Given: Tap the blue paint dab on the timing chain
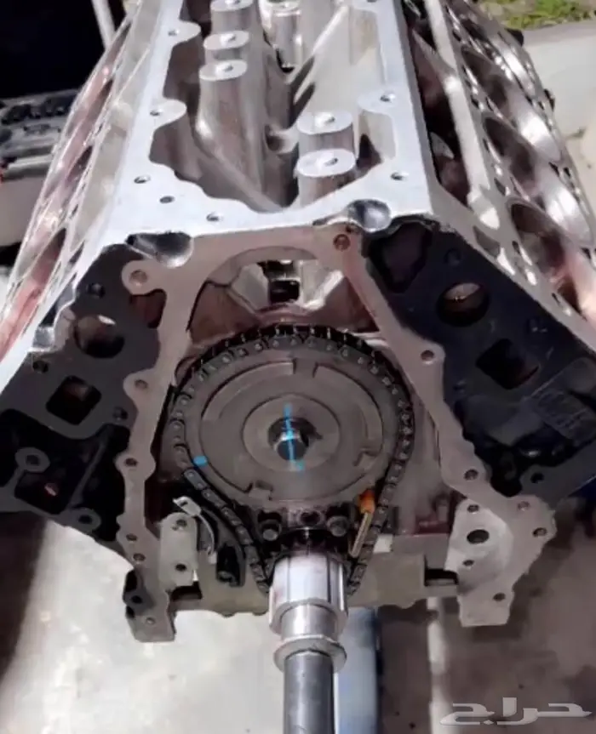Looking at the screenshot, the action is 200,462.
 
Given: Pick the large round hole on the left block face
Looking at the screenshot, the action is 97,332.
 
